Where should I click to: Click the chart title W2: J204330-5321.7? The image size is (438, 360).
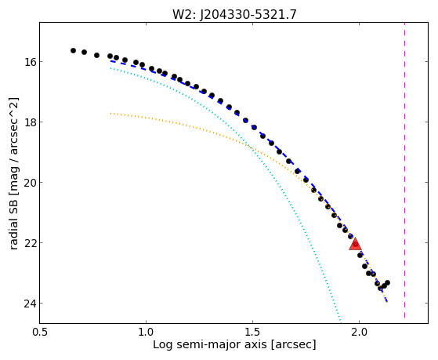click(x=234, y=15)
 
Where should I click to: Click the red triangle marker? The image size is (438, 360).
click(x=355, y=244)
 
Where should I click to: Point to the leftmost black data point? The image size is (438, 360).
click(x=73, y=51)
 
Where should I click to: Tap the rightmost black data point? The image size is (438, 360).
click(x=387, y=283)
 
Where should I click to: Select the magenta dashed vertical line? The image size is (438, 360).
click(x=404, y=170)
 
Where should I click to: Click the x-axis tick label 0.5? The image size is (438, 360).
click(x=40, y=333)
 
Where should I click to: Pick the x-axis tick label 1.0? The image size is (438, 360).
click(x=146, y=333)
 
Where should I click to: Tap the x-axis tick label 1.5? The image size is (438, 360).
click(x=252, y=333)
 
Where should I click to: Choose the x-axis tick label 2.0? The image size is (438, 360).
click(x=359, y=333)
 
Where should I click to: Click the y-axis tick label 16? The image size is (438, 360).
click(x=29, y=61)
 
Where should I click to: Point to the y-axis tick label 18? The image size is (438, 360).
click(x=29, y=122)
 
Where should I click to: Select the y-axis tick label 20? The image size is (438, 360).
click(x=29, y=183)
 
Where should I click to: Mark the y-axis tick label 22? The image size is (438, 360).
click(x=29, y=243)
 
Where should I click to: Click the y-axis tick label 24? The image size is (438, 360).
click(x=29, y=304)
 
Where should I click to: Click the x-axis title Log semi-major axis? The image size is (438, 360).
click(x=210, y=344)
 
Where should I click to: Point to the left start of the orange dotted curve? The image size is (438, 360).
click(x=111, y=113)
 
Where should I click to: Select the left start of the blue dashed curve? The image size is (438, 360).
click(x=111, y=60)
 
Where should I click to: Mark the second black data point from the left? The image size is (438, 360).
click(x=84, y=52)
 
